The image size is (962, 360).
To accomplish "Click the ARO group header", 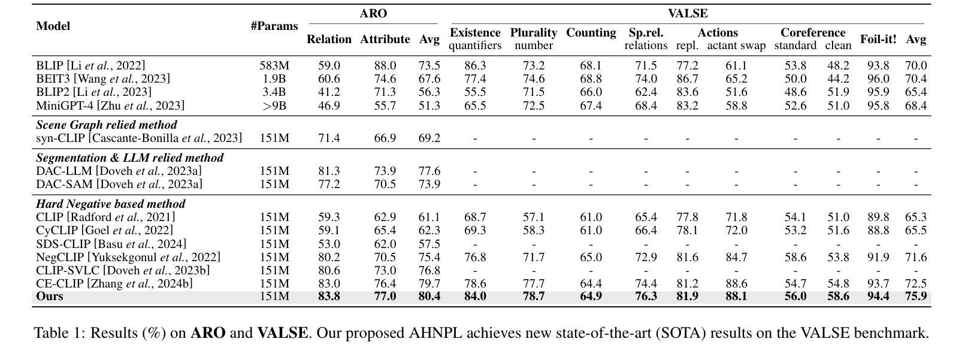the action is [x=373, y=13].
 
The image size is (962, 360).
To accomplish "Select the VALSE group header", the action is [x=688, y=13].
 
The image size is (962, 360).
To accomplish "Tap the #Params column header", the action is [x=274, y=26].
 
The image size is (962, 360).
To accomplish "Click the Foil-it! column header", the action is [x=878, y=39].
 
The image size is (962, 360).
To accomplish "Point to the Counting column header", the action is [x=591, y=33].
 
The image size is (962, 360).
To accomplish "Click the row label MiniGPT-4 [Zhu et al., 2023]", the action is [x=110, y=105].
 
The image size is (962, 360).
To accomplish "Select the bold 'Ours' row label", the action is [x=49, y=297].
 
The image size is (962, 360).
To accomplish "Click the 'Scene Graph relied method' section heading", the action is [x=107, y=125].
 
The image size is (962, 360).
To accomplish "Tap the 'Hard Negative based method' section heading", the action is [x=111, y=204].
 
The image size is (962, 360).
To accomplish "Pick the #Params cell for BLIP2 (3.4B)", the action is [x=274, y=92].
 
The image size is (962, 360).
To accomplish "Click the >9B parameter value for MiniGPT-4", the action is [x=274, y=105].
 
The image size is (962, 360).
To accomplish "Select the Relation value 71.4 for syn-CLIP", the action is [x=329, y=138].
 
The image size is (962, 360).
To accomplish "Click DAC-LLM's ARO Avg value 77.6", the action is [x=429, y=171].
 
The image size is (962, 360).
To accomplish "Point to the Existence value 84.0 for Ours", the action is [x=475, y=297].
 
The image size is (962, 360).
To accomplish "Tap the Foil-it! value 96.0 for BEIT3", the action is [x=878, y=78].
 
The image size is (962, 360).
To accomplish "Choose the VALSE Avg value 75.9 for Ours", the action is [x=916, y=297].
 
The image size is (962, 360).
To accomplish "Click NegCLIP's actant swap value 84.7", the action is [x=736, y=258].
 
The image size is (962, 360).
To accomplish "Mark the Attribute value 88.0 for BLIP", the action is [x=385, y=65].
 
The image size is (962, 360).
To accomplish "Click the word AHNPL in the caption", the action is [x=435, y=333].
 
